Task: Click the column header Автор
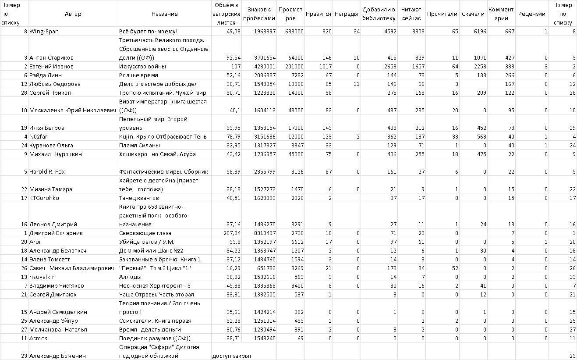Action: (x=73, y=14)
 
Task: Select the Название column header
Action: (x=164, y=14)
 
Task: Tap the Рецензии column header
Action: (x=531, y=14)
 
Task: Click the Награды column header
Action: (x=346, y=14)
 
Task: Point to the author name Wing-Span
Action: (x=44, y=32)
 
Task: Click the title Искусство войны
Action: (x=142, y=67)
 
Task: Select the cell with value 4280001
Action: (x=264, y=67)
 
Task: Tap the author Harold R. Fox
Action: (x=47, y=172)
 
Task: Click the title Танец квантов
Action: (x=138, y=198)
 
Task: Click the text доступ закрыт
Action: (x=232, y=356)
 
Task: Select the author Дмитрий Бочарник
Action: (x=56, y=233)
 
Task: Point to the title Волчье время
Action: (x=138, y=75)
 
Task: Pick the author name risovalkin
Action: (x=42, y=277)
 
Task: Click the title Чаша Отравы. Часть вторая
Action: (x=156, y=295)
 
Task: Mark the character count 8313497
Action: (x=264, y=233)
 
